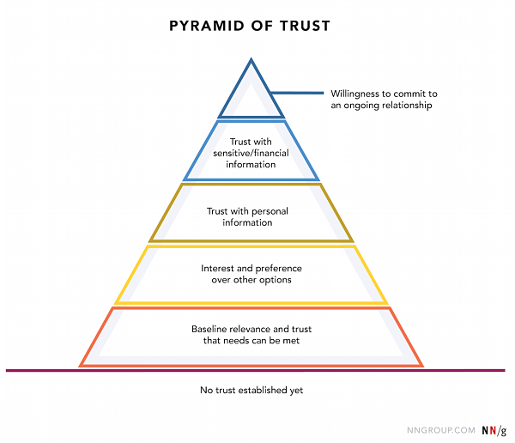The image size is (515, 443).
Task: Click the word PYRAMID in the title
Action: pos(207,26)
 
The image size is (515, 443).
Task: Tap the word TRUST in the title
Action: pos(305,26)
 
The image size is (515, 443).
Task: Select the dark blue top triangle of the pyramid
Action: pos(235,88)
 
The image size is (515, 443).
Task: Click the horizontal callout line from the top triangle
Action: pos(297,93)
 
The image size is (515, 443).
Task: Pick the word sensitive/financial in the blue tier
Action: pos(251,153)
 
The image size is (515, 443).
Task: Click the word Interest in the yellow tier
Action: pos(217,269)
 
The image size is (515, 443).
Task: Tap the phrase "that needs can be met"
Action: pos(251,341)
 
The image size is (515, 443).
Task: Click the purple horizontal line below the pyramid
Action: pos(256,370)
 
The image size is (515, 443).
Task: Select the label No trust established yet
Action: pos(251,390)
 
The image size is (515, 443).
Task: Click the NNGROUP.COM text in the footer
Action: pos(441,430)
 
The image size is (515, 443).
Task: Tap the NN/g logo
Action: pos(494,430)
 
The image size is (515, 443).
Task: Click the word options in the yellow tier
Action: pos(276,281)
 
